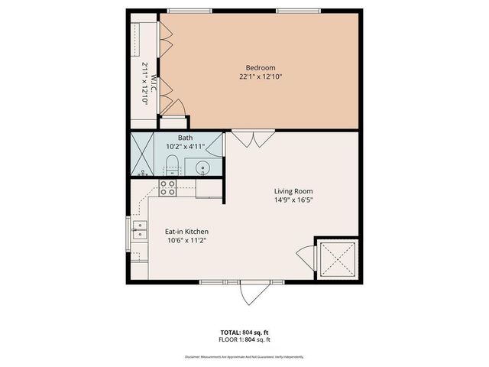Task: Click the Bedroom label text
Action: (254, 67)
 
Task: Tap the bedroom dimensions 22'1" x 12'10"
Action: (254, 76)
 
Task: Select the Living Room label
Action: (294, 191)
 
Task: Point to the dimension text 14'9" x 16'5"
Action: (294, 200)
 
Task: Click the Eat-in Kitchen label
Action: (187, 231)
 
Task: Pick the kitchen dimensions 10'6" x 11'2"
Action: (187, 240)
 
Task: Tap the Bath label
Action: (175, 137)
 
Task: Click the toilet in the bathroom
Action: (170, 163)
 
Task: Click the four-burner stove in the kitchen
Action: (168, 187)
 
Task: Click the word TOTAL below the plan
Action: (230, 333)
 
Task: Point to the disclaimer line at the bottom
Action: (244, 357)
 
